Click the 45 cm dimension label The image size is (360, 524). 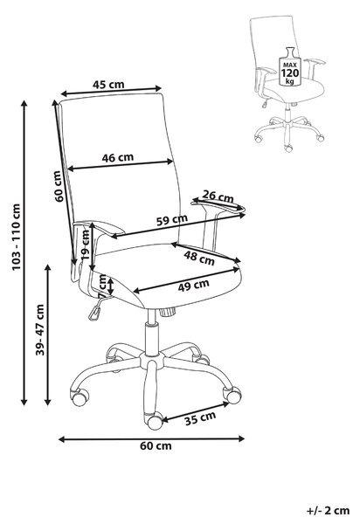coord(108,85)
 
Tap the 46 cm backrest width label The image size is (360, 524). coord(118,157)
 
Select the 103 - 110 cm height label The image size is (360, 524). coord(16,237)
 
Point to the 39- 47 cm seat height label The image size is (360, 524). coord(40,329)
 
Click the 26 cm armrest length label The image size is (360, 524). coord(218,196)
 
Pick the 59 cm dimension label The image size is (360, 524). coord(172,220)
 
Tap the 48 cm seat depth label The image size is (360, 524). coord(199,258)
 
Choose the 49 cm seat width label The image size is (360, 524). coord(193,285)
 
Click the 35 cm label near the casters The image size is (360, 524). coord(200,418)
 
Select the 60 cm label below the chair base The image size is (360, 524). coord(156,445)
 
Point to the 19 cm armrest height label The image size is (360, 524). coord(86,245)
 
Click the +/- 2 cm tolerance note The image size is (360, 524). coord(328,511)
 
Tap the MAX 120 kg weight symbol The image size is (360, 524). coord(290,67)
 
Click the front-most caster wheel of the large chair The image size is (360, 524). coord(155,421)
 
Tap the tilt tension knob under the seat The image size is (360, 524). coord(167,313)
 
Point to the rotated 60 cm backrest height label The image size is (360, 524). coord(59,186)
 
